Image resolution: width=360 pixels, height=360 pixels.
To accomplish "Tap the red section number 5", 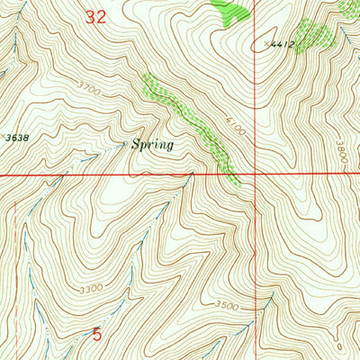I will pos(97,334).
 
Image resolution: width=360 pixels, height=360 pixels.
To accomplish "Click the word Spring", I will pos(151,144).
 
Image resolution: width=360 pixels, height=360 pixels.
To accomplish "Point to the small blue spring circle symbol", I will pos(124,141).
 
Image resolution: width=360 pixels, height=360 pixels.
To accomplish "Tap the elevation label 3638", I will pos(15,138).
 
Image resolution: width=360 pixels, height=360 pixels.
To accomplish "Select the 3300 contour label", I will pos(90,290).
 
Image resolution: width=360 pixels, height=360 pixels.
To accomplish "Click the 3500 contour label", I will pos(227,306).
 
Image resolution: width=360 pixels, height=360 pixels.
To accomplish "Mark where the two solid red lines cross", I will pos(255,175).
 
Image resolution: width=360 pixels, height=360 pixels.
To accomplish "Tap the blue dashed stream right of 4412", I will pos(345,36).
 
